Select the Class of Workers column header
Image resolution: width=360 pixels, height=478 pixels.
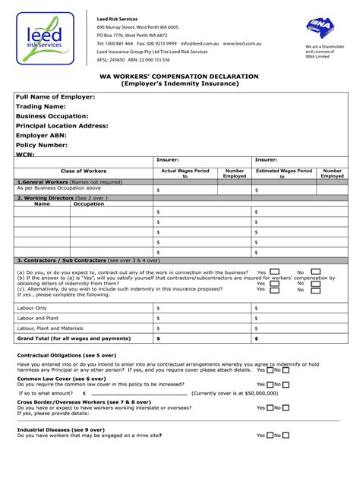point(84,171)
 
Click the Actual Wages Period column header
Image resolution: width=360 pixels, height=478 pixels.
point(185,174)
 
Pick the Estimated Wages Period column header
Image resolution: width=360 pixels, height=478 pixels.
point(284,174)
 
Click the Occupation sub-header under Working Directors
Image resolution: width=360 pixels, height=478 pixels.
point(88,204)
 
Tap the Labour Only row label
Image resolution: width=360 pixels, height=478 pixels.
point(32,308)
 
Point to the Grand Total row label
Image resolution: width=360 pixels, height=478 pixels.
point(74,338)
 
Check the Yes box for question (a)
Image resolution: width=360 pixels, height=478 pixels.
point(274,271)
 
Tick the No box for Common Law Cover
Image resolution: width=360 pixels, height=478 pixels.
point(286,384)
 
